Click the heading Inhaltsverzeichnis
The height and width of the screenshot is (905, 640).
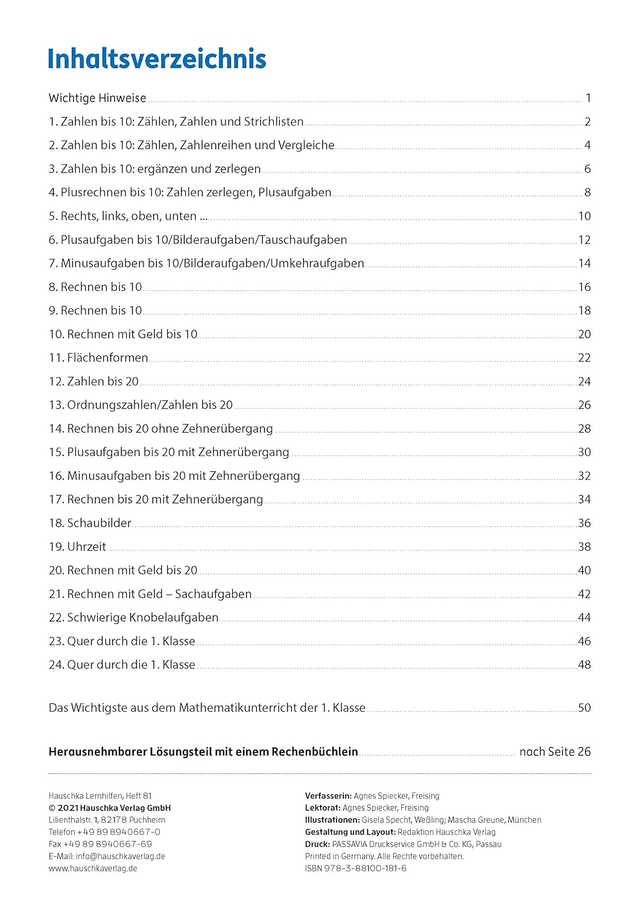point(157,59)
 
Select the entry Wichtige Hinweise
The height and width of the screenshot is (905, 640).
point(97,98)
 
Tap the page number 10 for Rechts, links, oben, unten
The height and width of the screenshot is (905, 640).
point(584,216)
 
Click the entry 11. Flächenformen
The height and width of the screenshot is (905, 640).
point(98,358)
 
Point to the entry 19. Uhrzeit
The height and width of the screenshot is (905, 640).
point(77,547)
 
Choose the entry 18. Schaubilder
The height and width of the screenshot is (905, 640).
point(90,523)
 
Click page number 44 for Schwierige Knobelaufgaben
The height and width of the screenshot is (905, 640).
point(584,617)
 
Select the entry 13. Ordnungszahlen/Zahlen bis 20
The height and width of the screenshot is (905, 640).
point(141,405)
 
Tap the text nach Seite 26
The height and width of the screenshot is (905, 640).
point(555,752)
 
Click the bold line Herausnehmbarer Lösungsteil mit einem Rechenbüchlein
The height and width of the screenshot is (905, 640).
point(203,752)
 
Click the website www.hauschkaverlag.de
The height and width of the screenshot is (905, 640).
point(93,868)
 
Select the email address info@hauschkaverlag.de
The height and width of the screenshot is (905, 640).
point(120,856)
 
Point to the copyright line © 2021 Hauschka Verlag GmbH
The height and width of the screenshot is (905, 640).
point(110,808)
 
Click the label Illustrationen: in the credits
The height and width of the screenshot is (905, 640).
point(332,820)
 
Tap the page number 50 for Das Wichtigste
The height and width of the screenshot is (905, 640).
point(584,708)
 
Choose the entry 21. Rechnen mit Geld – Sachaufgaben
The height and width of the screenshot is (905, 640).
point(150,594)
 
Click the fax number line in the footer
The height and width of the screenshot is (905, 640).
point(100,844)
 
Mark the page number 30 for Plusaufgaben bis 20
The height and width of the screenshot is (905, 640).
point(584,452)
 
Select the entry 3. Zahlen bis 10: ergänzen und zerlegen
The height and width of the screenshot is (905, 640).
point(154,169)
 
